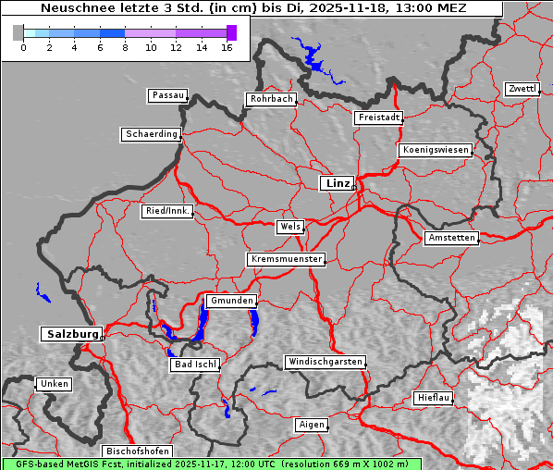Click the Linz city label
[337, 183]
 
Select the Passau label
[167, 95]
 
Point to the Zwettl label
[522, 89]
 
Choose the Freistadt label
[378, 117]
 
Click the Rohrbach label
[270, 99]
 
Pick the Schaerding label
[151, 134]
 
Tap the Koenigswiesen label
[436, 150]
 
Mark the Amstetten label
[451, 238]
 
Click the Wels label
[289, 227]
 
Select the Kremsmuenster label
[286, 259]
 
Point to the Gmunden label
[230, 301]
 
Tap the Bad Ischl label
[195, 365]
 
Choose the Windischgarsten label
[324, 362]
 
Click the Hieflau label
[434, 398]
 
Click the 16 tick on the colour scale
[227, 47]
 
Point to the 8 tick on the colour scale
[125, 47]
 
